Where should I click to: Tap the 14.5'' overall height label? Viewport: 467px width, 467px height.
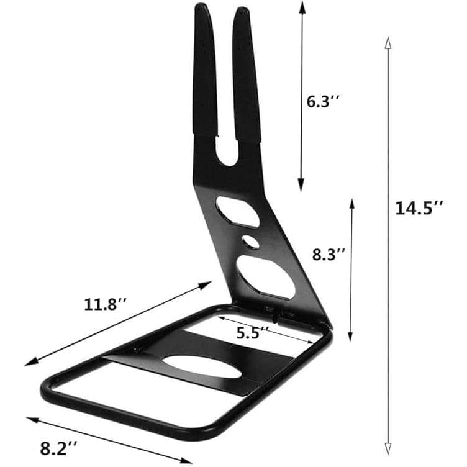coord(419,207)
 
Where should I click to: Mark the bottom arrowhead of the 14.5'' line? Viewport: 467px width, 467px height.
coord(388,450)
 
